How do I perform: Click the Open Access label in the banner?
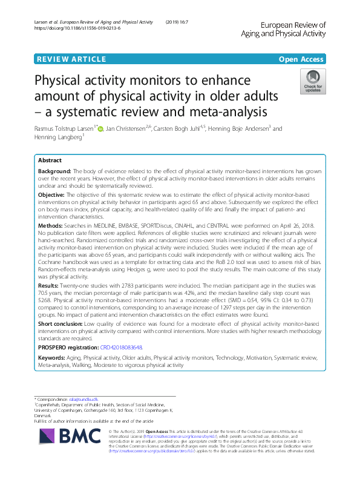pos(302,59)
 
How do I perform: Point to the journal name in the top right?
pos(291,29)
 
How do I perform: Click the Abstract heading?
pos(50,160)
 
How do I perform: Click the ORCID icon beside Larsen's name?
pos(100,128)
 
